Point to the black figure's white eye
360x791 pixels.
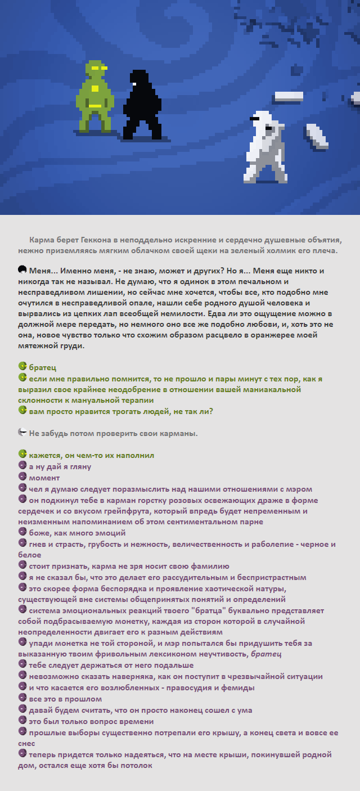(x=134, y=83)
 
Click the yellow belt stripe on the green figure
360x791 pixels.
(x=95, y=106)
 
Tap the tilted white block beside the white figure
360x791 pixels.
(x=317, y=136)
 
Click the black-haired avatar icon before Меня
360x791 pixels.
(x=22, y=270)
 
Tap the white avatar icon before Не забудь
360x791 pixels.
(x=22, y=433)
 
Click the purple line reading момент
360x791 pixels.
(x=44, y=477)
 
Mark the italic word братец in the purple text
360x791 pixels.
(x=266, y=654)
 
